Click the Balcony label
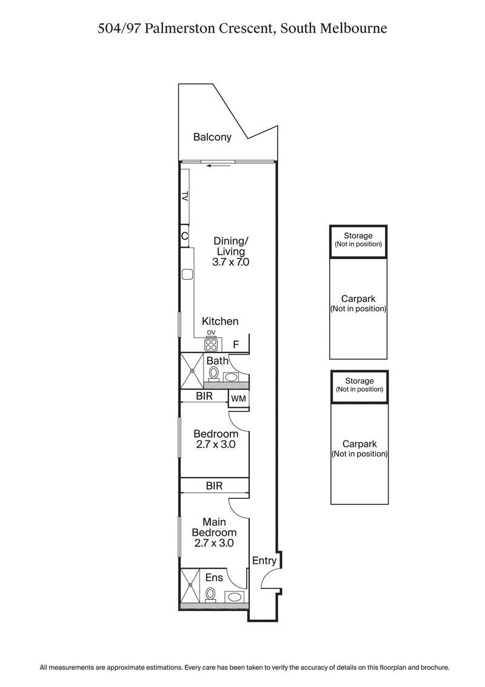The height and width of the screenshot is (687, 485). tap(212, 137)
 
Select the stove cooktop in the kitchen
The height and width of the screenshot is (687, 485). tap(212, 345)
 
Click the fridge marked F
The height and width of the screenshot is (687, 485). tap(236, 345)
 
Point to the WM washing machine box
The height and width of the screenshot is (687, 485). tap(238, 398)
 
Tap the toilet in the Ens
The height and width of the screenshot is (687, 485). tap(210, 594)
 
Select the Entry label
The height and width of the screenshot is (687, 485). tap(264, 561)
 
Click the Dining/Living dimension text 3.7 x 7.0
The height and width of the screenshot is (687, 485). tap(231, 263)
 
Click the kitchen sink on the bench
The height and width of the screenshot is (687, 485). tap(186, 274)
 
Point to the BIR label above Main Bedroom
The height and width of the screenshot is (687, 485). tap(214, 486)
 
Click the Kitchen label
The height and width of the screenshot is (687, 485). tap(220, 322)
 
